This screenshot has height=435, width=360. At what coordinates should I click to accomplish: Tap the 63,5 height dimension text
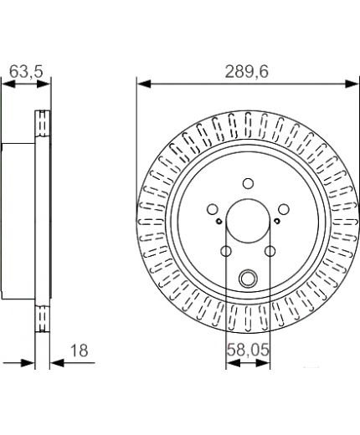(24, 73)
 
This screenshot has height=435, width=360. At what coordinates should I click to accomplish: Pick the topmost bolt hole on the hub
(247, 184)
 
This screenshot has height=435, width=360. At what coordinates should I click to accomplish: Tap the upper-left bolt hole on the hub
(213, 208)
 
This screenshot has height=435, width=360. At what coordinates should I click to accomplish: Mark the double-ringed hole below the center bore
(247, 279)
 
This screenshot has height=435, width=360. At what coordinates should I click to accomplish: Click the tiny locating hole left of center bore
(219, 221)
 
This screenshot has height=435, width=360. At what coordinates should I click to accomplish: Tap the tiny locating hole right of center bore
(276, 221)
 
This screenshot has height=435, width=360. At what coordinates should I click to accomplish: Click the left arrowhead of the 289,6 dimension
(141, 83)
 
